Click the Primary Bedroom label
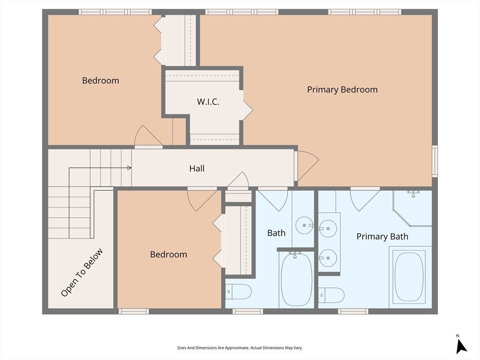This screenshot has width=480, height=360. point(342,90)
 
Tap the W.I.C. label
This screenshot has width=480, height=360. point(208,102)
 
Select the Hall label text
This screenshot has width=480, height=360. point(197,168)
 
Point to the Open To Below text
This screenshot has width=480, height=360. point(82,272)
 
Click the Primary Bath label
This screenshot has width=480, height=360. point(382,237)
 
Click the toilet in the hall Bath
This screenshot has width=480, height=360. point(239,292)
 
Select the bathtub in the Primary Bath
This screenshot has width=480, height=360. point(409,277)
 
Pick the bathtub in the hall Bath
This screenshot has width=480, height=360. point(296,279)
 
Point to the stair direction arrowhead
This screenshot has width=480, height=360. point(129,168)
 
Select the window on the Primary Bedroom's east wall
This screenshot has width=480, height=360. point(435,161)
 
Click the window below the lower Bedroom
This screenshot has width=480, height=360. point(134,311)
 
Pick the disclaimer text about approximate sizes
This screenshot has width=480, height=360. point(240,348)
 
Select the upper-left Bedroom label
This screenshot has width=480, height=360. point(100,81)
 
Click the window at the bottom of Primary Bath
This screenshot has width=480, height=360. point(353,311)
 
